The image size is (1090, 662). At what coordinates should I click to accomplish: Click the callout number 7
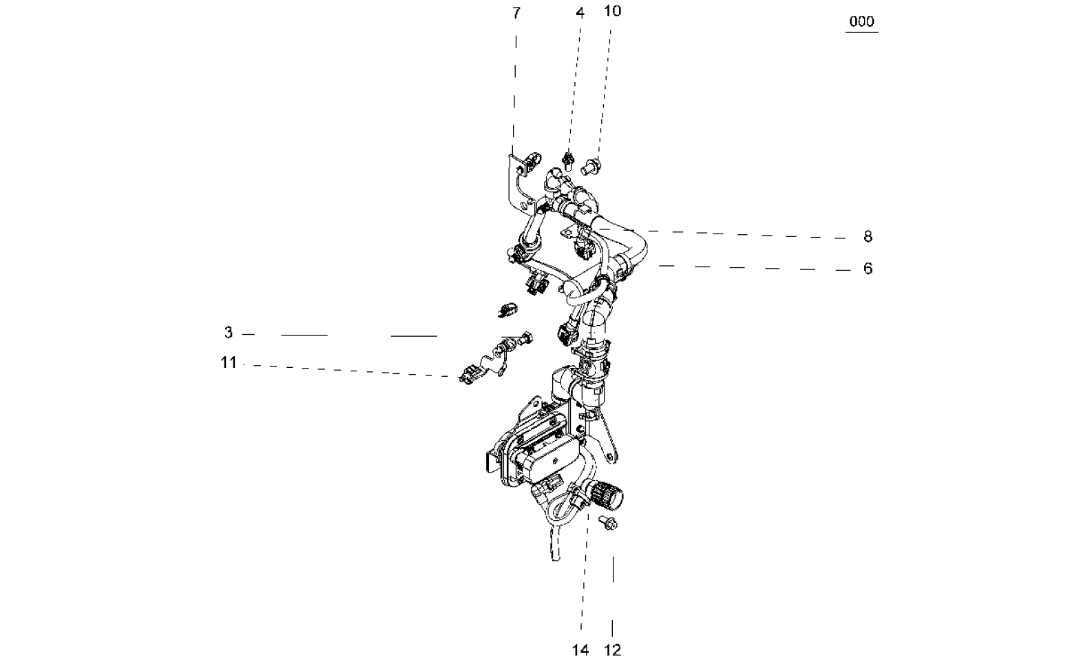click(x=516, y=13)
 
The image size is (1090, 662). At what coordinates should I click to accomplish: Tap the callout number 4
click(x=580, y=13)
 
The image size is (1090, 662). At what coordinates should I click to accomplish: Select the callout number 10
click(x=613, y=11)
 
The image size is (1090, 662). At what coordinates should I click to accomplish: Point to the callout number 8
click(x=868, y=236)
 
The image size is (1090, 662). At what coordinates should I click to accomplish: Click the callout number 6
click(x=868, y=269)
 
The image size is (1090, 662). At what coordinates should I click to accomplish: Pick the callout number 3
click(x=229, y=333)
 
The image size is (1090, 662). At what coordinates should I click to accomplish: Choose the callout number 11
click(x=229, y=362)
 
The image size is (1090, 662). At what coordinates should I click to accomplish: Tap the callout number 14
click(x=580, y=650)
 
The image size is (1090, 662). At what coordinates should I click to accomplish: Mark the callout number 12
click(x=613, y=650)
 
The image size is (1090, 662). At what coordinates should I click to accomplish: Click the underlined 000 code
click(x=862, y=21)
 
